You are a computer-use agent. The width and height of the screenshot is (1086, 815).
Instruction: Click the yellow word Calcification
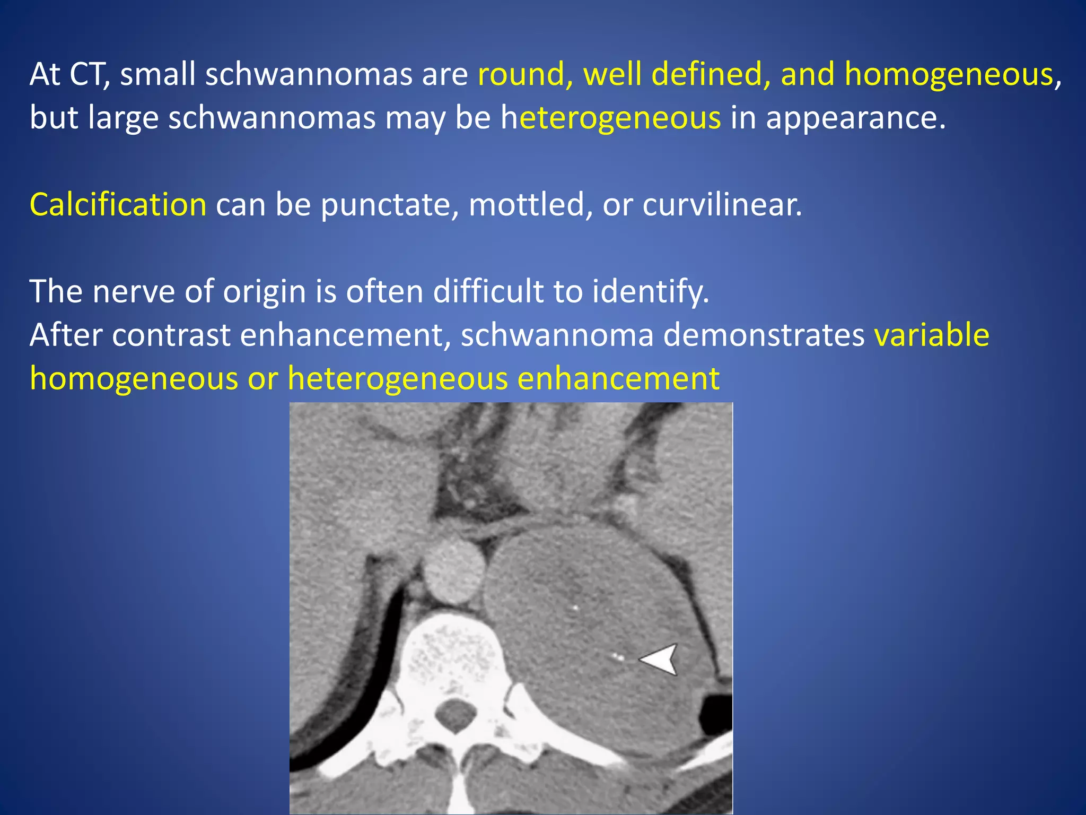pyautogui.click(x=118, y=204)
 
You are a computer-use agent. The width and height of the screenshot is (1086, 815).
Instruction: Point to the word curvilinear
pyautogui.click(x=722, y=204)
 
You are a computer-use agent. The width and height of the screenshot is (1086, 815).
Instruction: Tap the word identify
pyautogui.click(x=650, y=291)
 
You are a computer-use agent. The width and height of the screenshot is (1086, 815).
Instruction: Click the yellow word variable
pyautogui.click(x=932, y=335)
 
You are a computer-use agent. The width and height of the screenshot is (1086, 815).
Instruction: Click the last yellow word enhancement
pyautogui.click(x=618, y=378)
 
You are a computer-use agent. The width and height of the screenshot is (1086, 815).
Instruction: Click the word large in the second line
pyautogui.click(x=123, y=118)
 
